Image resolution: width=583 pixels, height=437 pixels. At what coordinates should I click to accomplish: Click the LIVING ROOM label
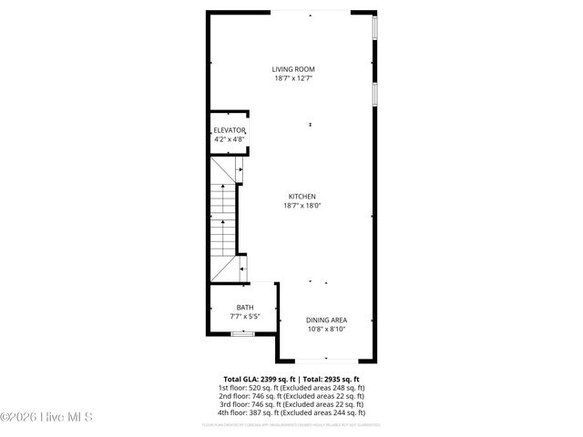click(x=293, y=69)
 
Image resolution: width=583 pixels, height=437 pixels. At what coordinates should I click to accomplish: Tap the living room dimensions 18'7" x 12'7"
click(x=293, y=78)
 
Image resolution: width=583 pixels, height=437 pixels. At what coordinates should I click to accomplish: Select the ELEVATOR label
click(x=230, y=131)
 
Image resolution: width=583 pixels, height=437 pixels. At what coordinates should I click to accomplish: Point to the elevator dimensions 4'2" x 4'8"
click(x=230, y=139)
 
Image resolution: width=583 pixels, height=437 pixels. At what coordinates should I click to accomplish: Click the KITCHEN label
click(x=302, y=197)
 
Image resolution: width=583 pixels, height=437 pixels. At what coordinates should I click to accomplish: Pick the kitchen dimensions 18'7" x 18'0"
click(x=302, y=206)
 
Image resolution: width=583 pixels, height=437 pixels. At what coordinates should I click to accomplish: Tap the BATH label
click(x=244, y=308)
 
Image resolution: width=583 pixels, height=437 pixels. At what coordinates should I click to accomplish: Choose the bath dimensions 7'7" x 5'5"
click(x=244, y=316)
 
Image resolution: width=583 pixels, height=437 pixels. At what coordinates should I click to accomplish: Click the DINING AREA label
click(x=326, y=320)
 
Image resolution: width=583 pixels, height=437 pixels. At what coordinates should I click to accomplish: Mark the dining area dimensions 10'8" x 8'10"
click(x=326, y=329)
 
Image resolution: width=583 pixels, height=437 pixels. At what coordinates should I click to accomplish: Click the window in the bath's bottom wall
click(x=242, y=335)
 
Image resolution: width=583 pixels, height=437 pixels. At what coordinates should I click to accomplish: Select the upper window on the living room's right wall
click(x=374, y=28)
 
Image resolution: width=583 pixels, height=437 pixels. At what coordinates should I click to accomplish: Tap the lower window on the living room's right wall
click(x=374, y=95)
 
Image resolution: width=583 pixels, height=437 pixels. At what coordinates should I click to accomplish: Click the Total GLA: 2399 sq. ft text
click(x=256, y=379)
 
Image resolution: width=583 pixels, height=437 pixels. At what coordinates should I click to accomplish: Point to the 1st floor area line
click(x=291, y=388)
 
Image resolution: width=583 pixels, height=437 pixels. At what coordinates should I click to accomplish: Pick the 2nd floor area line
click(x=291, y=396)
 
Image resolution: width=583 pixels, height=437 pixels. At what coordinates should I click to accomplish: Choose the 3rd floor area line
click(x=291, y=405)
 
